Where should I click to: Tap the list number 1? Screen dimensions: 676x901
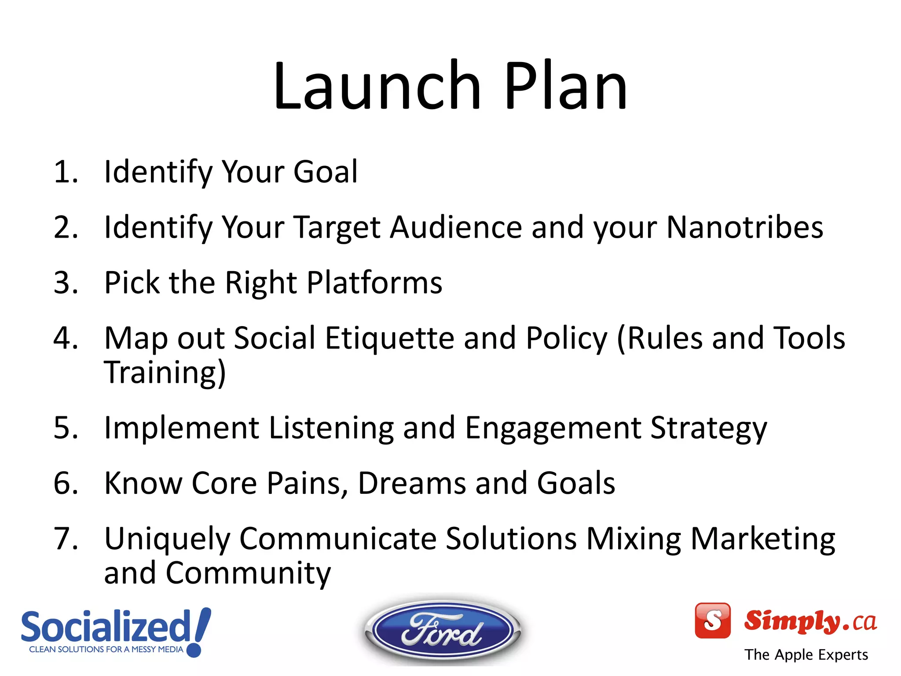[x=65, y=172]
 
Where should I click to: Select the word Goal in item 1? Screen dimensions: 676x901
[x=325, y=172]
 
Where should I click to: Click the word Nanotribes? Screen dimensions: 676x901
[x=744, y=228]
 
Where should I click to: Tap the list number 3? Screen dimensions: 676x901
[x=65, y=283]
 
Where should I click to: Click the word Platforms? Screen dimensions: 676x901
[x=374, y=283]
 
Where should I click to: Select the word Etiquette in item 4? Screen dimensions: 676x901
[x=389, y=338]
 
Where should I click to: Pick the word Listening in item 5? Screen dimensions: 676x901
[x=331, y=428]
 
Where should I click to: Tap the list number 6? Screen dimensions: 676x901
[x=65, y=483]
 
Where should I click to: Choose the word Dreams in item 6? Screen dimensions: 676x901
[x=412, y=483]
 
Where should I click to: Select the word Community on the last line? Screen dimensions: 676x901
[x=248, y=573]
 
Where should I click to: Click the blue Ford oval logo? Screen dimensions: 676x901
[x=442, y=631]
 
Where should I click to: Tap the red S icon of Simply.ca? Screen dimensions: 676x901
[x=712, y=621]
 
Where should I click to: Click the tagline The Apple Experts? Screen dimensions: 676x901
[x=806, y=655]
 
